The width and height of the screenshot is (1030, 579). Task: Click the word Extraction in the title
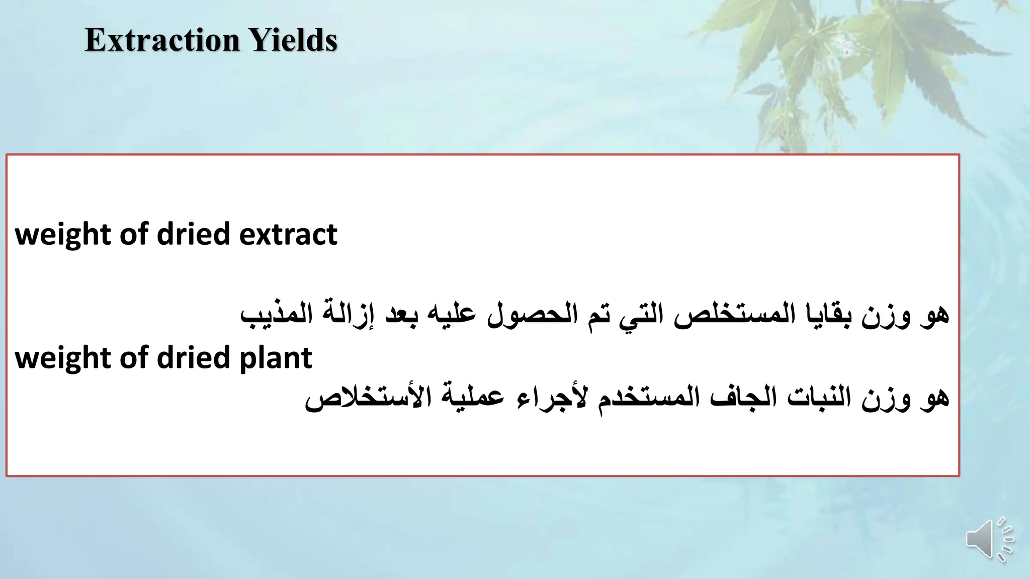(162, 40)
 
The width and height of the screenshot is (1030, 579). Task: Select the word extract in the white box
(288, 234)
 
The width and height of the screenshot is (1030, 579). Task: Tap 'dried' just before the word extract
(194, 234)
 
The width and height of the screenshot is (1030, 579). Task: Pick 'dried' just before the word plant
(194, 358)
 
